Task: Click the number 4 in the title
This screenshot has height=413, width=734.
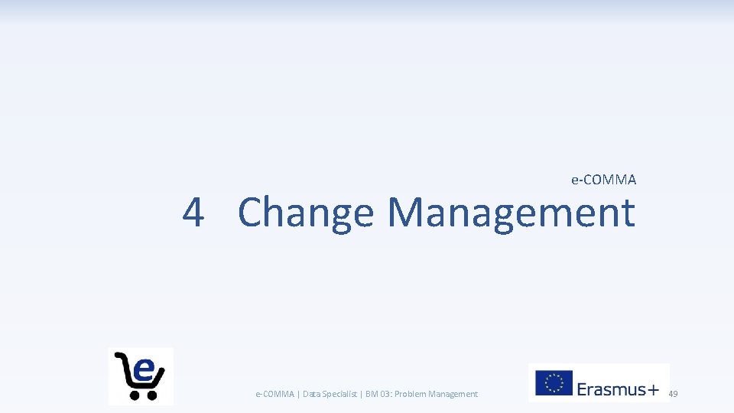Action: pos(193,213)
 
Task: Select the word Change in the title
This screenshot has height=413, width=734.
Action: pos(305,213)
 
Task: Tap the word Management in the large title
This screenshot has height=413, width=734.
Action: pos(511,213)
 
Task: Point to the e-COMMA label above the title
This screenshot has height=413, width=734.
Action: pos(603,180)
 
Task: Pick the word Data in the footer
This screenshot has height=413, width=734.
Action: pos(311,394)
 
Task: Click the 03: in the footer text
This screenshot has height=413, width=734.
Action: pos(385,394)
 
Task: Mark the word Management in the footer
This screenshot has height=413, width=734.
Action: pos(453,394)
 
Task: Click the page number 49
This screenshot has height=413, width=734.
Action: pos(673,394)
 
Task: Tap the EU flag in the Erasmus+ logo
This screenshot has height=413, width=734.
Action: pos(553,383)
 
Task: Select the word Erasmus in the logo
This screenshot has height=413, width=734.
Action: pos(611,389)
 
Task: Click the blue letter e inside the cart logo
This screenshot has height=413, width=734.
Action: pos(144,370)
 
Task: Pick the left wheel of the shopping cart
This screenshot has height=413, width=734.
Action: pos(135,395)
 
